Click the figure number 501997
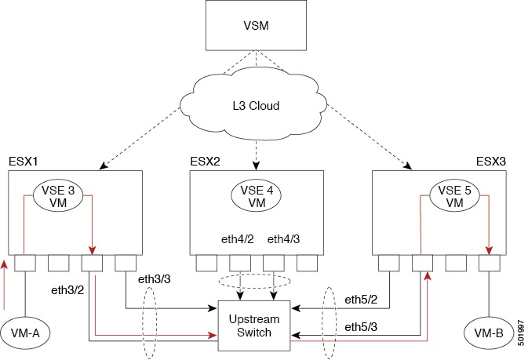521,328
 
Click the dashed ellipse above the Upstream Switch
254,282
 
